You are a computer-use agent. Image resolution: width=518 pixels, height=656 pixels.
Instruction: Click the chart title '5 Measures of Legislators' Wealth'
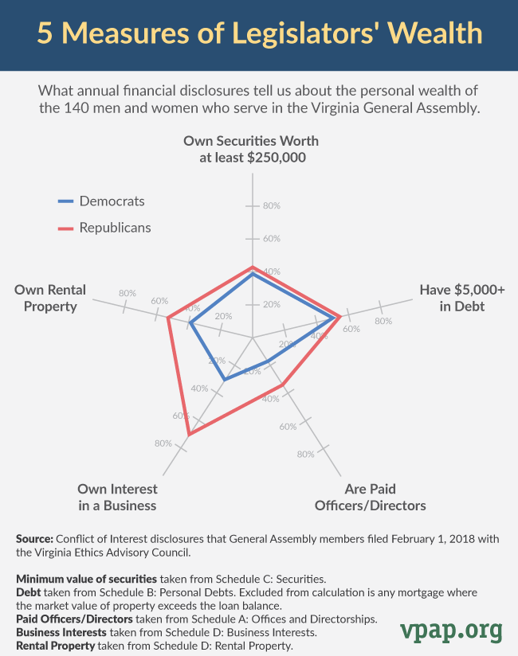tap(259, 33)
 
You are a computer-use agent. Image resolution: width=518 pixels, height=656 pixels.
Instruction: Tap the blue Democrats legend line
tap(66, 201)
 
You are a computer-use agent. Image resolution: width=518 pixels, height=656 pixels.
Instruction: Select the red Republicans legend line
tap(66, 228)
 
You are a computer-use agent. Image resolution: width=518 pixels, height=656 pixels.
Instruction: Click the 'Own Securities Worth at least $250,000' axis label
tap(251, 149)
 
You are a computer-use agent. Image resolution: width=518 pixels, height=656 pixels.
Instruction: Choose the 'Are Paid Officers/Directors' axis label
tap(371, 497)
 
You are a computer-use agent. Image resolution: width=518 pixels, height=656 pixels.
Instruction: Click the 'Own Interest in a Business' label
tap(117, 497)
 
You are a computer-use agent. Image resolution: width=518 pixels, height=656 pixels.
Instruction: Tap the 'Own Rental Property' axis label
tap(49, 298)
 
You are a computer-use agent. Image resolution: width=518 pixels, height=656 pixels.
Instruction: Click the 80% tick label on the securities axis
tap(272, 206)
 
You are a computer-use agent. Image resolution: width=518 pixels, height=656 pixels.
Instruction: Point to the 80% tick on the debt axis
tap(383, 322)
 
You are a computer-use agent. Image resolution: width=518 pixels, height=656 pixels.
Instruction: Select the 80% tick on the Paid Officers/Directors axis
tap(305, 455)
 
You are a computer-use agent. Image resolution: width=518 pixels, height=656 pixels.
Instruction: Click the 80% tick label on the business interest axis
tap(163, 443)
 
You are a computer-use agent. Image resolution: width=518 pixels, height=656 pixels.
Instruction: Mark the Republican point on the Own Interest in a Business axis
tap(189, 435)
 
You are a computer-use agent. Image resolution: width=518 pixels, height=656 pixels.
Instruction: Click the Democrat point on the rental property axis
tap(190, 322)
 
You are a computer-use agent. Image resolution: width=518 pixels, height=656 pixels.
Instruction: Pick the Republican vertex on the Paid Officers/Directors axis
tap(283, 385)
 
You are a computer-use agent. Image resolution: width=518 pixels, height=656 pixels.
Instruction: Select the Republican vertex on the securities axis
tap(253, 267)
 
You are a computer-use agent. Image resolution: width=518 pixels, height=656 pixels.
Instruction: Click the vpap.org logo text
tap(451, 630)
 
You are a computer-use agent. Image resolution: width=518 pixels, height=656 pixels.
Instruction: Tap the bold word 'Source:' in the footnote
tap(34, 539)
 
